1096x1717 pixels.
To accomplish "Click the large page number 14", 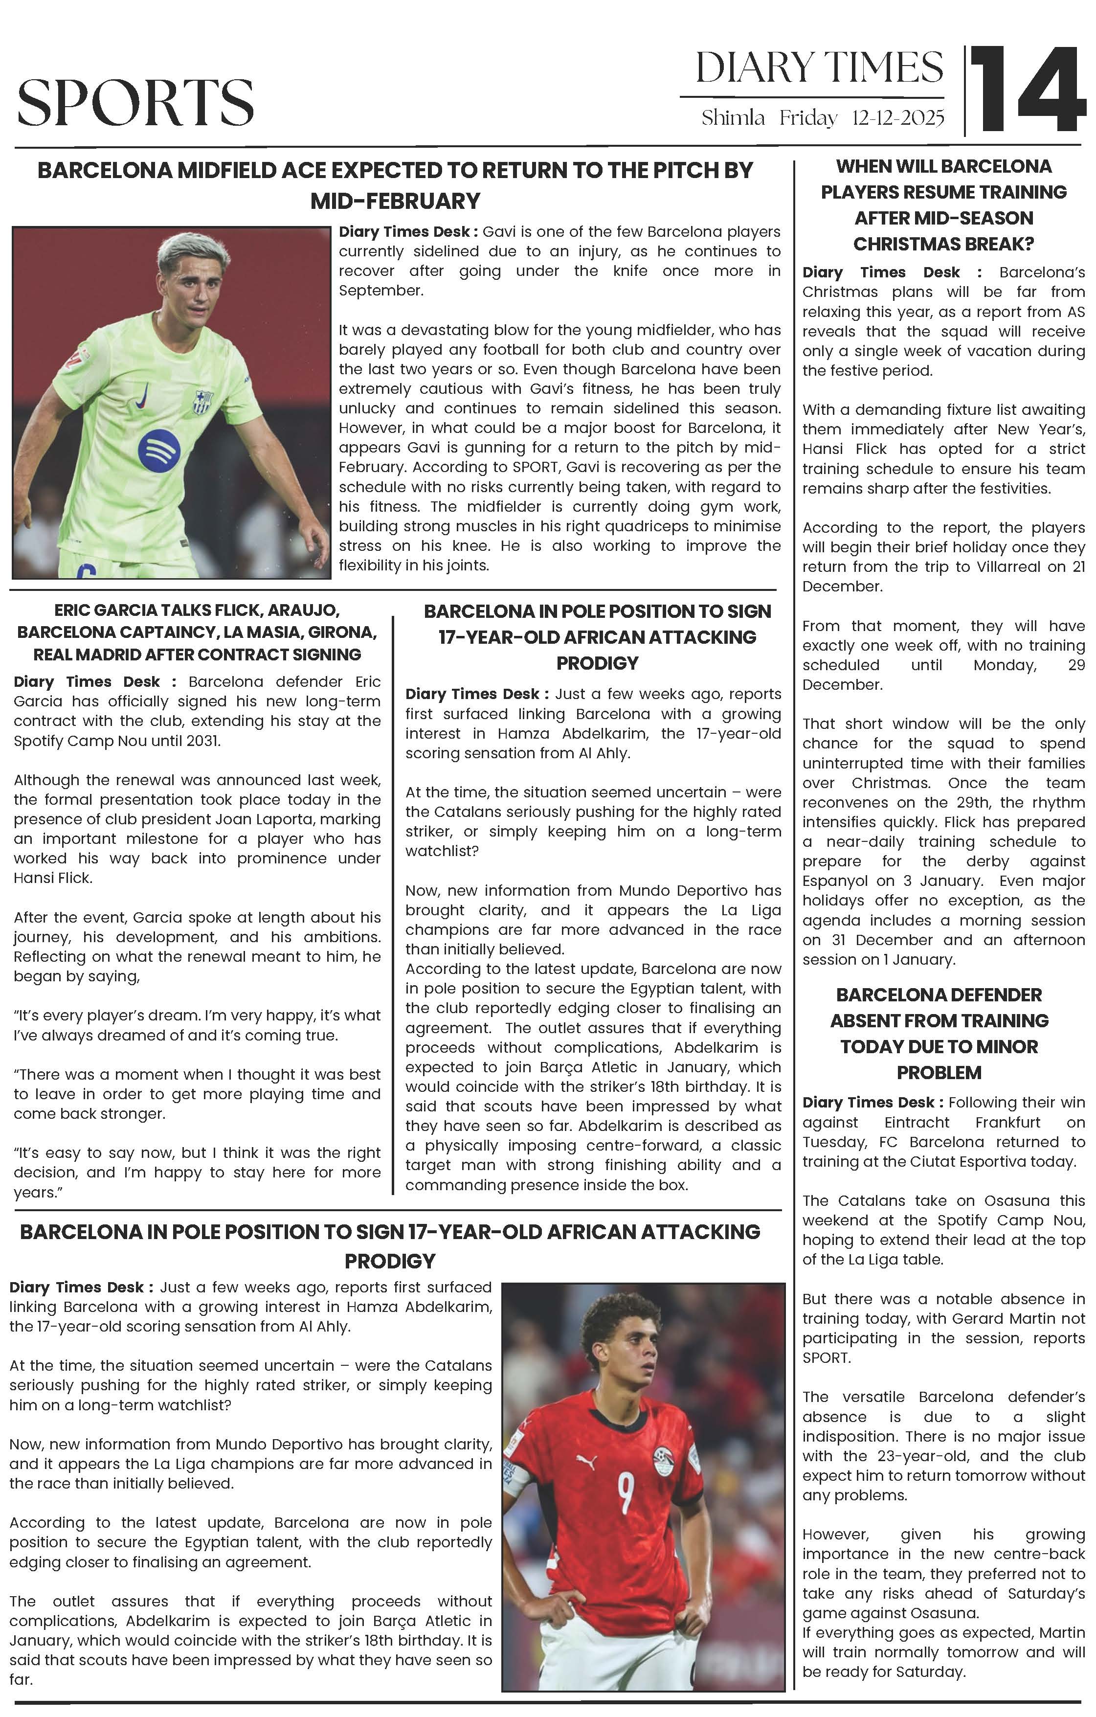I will (x=1027, y=90).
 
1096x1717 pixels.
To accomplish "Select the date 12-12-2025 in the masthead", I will (x=898, y=118).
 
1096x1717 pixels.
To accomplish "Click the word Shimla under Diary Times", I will (x=733, y=118).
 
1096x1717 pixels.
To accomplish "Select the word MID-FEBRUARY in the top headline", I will (x=395, y=201).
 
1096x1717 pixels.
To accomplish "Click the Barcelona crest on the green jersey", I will (x=203, y=402).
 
